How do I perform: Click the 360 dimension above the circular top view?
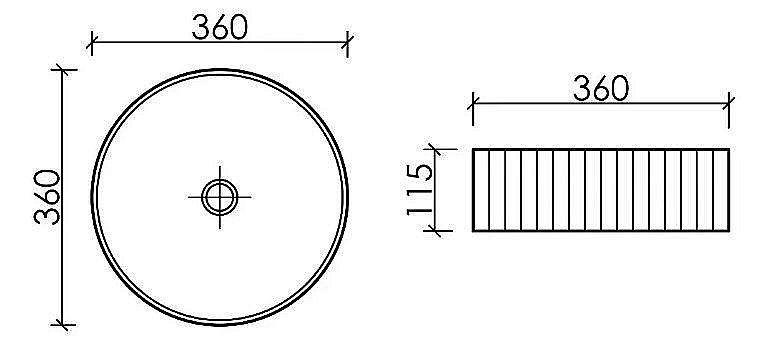pos(219,27)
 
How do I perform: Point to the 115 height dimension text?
pos(421,190)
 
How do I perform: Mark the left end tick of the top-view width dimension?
pos(91,42)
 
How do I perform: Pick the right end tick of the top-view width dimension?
pos(347,42)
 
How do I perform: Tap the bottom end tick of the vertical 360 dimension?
pos(64,324)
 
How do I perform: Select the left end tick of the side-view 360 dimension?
pos(473,102)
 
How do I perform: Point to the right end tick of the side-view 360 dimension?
pos(729,102)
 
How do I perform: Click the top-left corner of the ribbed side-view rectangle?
pos(473,149)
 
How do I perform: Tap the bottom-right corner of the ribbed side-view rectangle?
pos(729,231)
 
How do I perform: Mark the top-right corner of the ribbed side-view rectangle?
pos(729,149)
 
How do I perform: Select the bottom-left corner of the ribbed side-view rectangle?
pos(473,231)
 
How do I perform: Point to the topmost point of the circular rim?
pos(219,69)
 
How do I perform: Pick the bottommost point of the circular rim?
pos(219,324)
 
